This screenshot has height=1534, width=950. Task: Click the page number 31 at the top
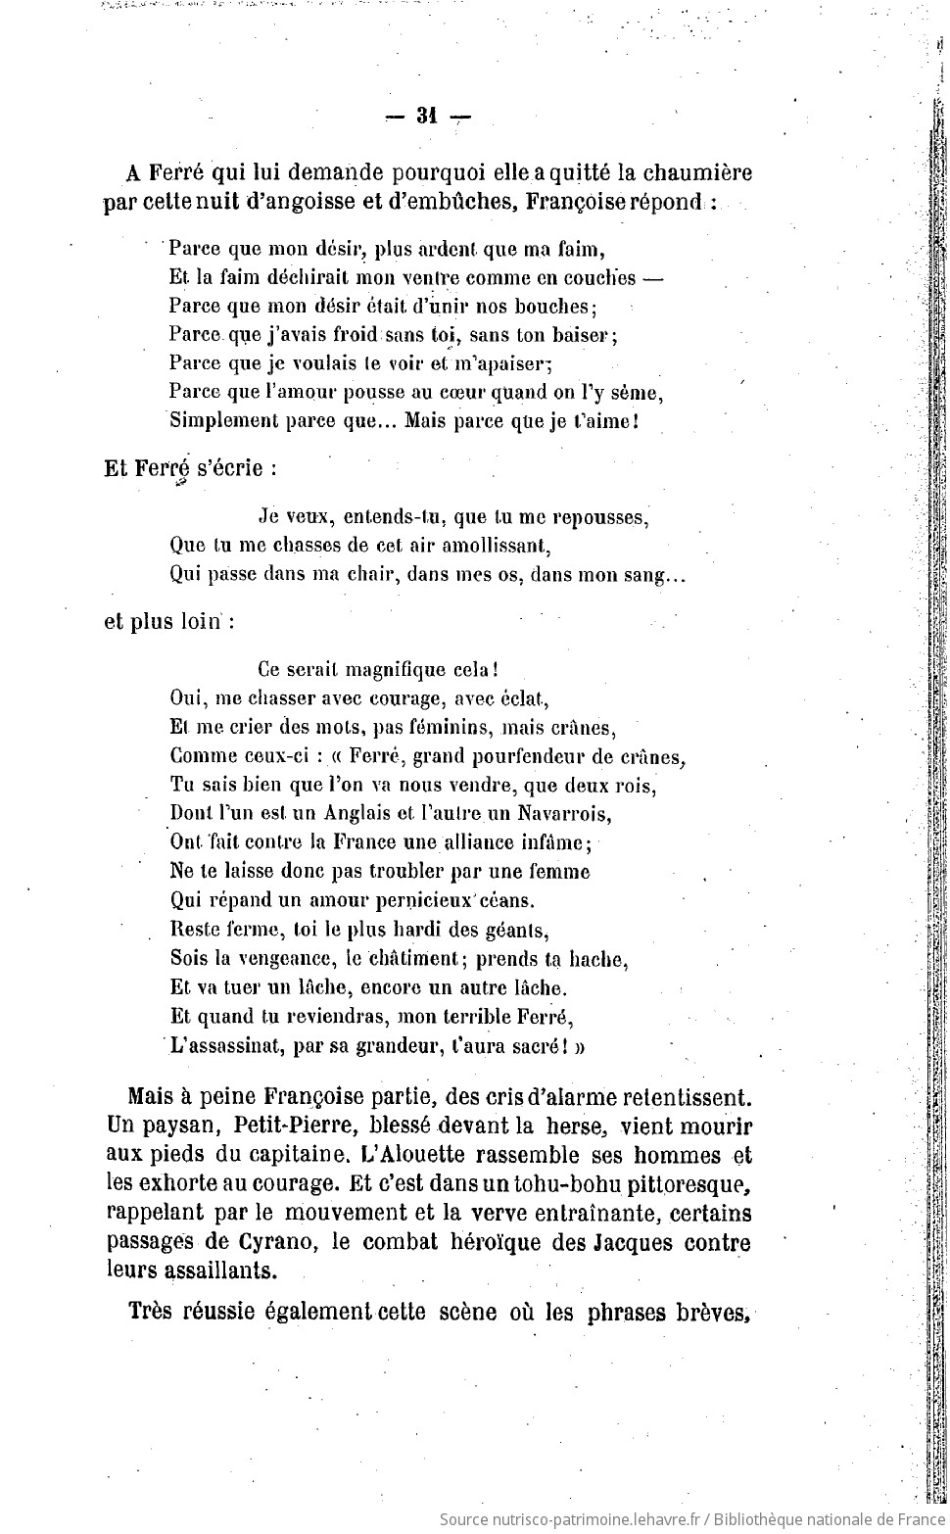(425, 117)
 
